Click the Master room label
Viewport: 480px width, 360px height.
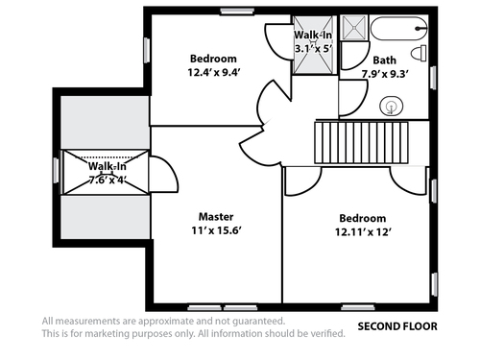click(x=216, y=217)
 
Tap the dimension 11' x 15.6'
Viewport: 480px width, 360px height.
click(x=216, y=230)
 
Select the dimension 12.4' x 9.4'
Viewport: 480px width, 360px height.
click(x=213, y=72)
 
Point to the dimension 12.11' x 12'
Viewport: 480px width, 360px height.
click(x=363, y=231)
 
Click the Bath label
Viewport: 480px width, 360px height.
click(x=384, y=60)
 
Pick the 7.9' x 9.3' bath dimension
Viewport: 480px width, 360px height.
click(x=385, y=74)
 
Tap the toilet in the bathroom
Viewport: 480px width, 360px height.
click(x=419, y=53)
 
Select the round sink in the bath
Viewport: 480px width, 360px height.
click(x=391, y=106)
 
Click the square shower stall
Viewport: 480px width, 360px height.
click(x=354, y=28)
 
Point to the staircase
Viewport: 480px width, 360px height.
click(x=361, y=142)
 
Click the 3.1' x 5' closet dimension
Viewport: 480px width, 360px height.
click(x=313, y=49)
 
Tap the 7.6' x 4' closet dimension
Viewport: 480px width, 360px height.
click(x=108, y=180)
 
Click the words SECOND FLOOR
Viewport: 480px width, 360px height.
click(x=397, y=326)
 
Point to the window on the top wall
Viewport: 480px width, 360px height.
click(x=237, y=12)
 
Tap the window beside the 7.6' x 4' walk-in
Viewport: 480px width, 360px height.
click(x=57, y=171)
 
